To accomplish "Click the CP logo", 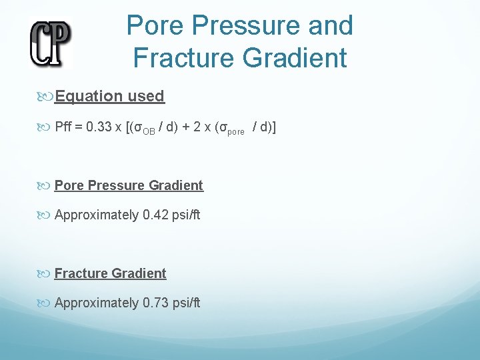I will coord(50,42).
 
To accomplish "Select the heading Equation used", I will coord(109,96).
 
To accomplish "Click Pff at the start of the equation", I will coord(64,127).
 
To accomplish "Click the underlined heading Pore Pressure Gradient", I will coord(129,185).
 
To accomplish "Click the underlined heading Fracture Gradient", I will coord(110,273).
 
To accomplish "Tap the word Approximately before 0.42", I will coord(97,215).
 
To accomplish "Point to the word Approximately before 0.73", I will coord(97,303).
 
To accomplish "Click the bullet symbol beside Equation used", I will coord(46,97).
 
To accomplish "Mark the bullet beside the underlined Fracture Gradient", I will coord(46,274).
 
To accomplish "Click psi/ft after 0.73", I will coord(186,303).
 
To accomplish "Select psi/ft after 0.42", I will coord(186,215).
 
